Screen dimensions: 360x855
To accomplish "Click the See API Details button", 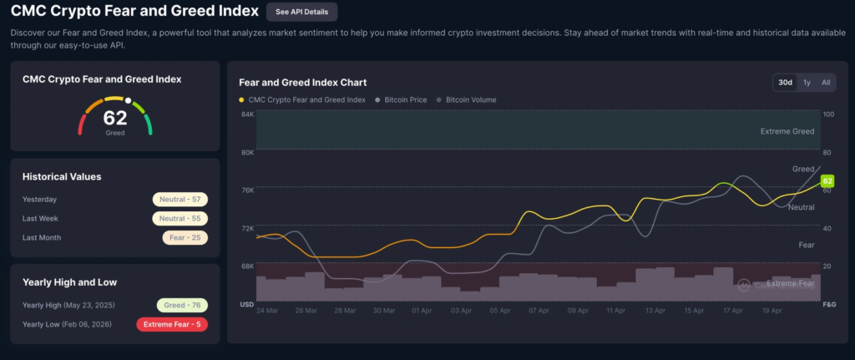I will click(302, 12).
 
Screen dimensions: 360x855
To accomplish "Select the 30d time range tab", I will click(785, 82).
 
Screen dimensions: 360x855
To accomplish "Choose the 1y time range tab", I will click(807, 82).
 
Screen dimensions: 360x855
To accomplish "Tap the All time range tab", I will click(826, 82).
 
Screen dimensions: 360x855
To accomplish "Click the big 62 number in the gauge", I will click(115, 118).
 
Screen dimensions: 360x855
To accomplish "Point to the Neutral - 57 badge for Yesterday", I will click(180, 200).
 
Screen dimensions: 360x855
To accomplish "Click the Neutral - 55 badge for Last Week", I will click(180, 218).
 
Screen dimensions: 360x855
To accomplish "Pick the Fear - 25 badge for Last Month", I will click(185, 237).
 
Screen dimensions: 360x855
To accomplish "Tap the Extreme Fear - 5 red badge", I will click(172, 324).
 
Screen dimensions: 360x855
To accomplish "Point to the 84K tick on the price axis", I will click(247, 114).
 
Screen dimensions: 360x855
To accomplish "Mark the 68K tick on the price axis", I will click(247, 266).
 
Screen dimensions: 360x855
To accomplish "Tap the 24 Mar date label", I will click(267, 310).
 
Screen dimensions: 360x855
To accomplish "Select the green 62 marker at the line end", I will click(827, 181).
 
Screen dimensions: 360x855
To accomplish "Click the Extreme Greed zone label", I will click(787, 131).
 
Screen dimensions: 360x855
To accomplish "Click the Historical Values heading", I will click(62, 177).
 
